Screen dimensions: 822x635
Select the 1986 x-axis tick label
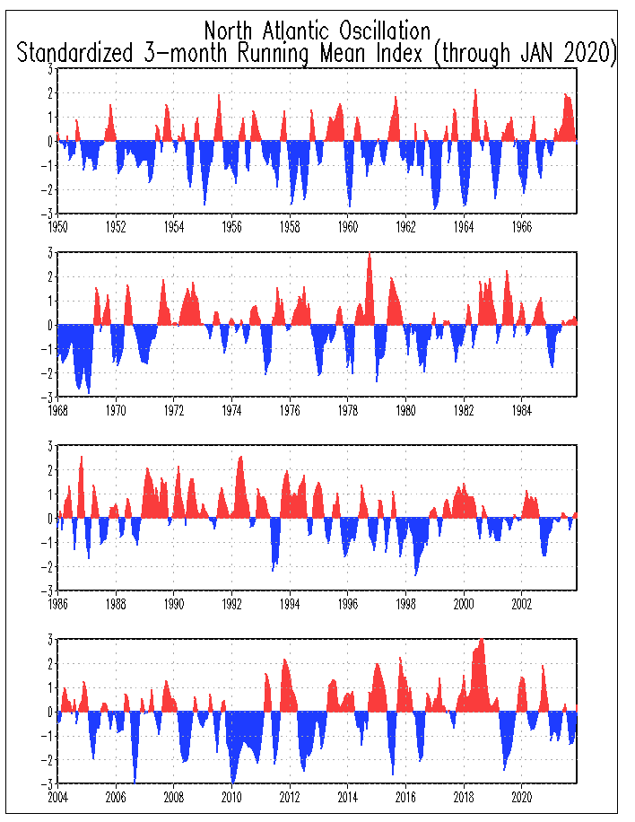pos(58,604)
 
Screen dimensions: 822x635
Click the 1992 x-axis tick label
pos(232,604)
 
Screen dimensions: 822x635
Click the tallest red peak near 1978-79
pos(370,255)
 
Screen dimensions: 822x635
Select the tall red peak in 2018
pos(482,641)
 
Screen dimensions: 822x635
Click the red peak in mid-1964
pos(474,92)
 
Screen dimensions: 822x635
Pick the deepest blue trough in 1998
pos(415,573)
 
